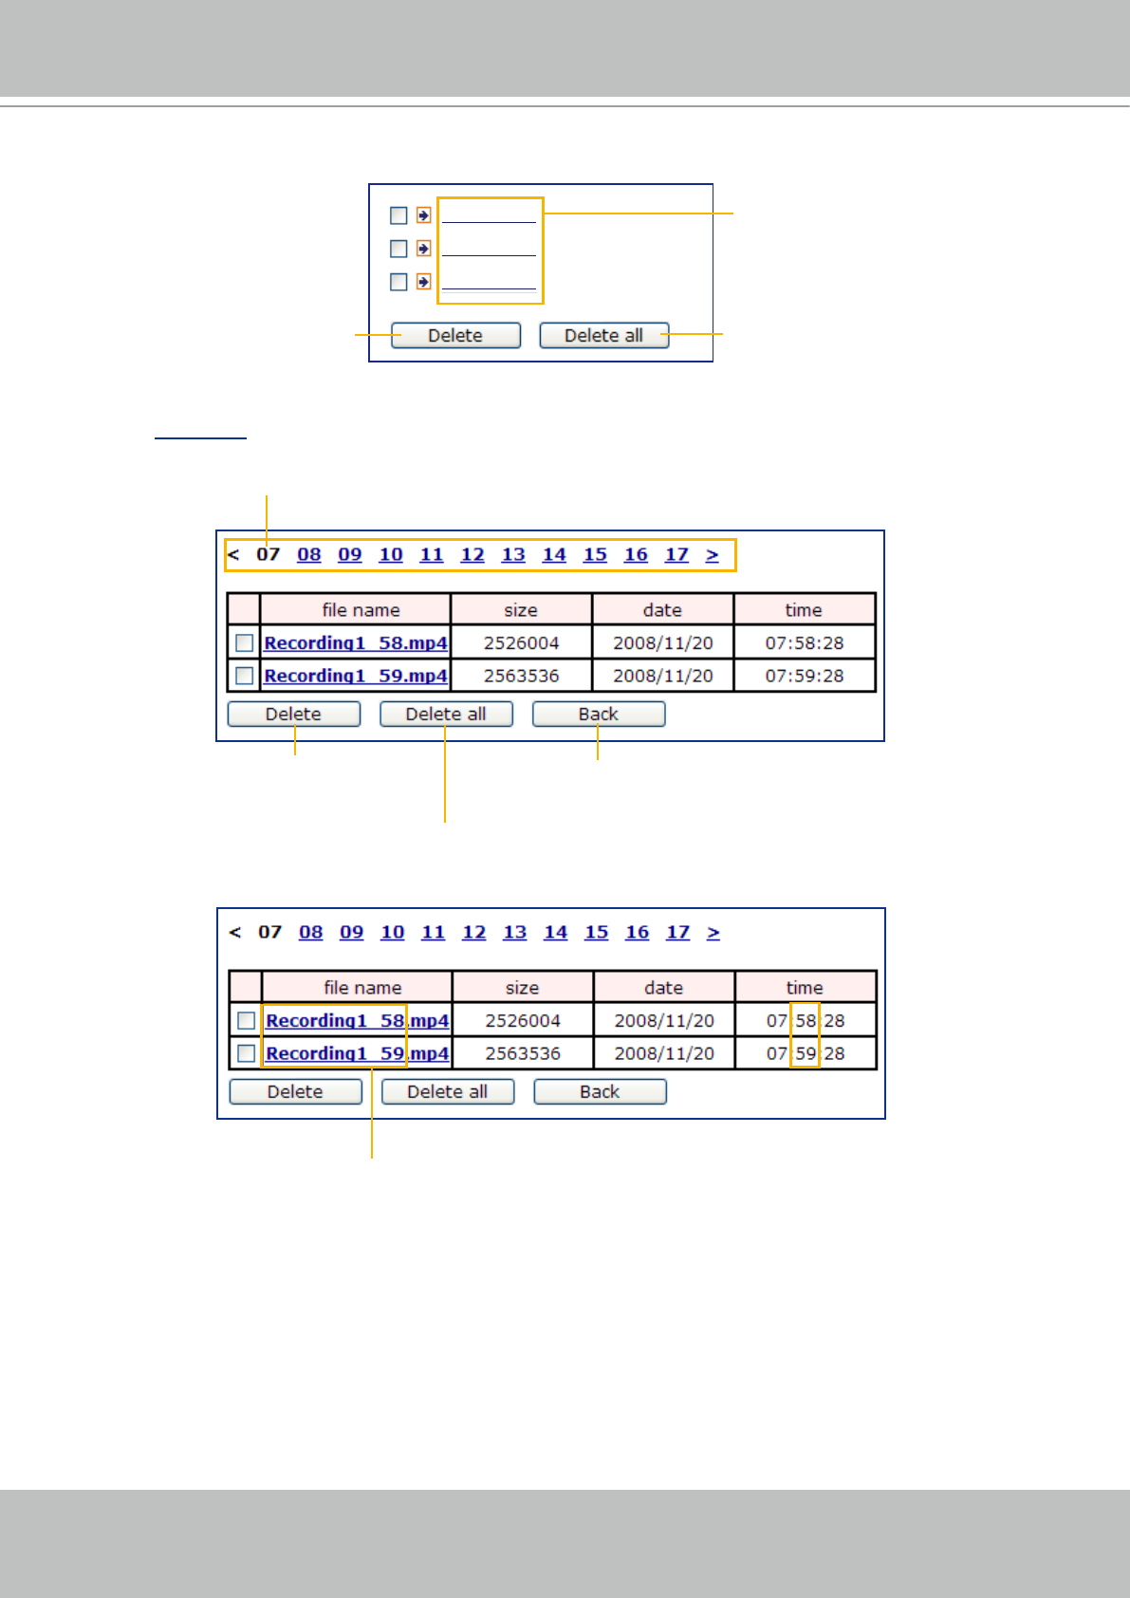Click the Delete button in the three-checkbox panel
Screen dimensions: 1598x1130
455,336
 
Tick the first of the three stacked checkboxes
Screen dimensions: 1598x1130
398,215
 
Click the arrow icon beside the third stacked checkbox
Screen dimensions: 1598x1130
424,282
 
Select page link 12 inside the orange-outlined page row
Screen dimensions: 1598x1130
472,555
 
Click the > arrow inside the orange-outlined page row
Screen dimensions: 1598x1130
712,555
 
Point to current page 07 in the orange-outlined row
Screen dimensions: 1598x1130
269,555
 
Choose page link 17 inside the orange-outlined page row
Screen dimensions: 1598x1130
676,555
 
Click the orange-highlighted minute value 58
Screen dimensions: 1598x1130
806,1021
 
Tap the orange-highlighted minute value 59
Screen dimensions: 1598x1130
806,1053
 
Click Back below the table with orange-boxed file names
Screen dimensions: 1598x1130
600,1092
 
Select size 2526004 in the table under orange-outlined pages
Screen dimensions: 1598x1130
521,643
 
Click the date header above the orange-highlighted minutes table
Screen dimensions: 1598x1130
663,988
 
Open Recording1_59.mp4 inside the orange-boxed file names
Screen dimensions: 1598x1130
357,1053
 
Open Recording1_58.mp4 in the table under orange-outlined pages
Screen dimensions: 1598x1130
355,643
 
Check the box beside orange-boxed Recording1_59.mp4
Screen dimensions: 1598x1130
247,1053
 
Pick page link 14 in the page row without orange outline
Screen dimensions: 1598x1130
555,933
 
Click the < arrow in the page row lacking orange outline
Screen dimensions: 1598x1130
235,933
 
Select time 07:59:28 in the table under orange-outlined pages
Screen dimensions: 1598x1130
805,676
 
